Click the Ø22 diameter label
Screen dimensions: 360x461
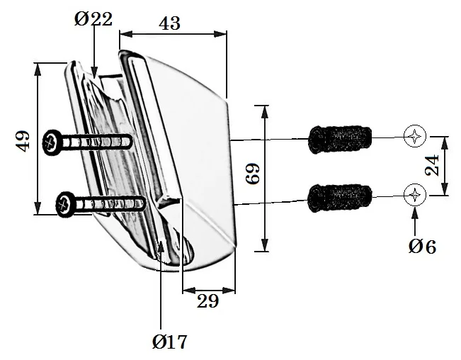click(x=93, y=18)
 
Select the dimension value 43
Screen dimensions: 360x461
click(x=169, y=23)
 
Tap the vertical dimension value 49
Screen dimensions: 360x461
click(x=23, y=140)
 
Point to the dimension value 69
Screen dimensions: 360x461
click(x=253, y=174)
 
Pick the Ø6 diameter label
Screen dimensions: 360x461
click(x=422, y=246)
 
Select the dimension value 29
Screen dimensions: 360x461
click(x=207, y=301)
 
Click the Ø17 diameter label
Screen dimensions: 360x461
click(x=170, y=342)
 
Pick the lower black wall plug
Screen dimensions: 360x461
click(x=340, y=196)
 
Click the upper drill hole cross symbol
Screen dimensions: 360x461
click(x=414, y=136)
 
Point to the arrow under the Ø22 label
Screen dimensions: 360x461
click(x=94, y=57)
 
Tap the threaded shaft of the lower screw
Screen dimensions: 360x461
click(x=113, y=204)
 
